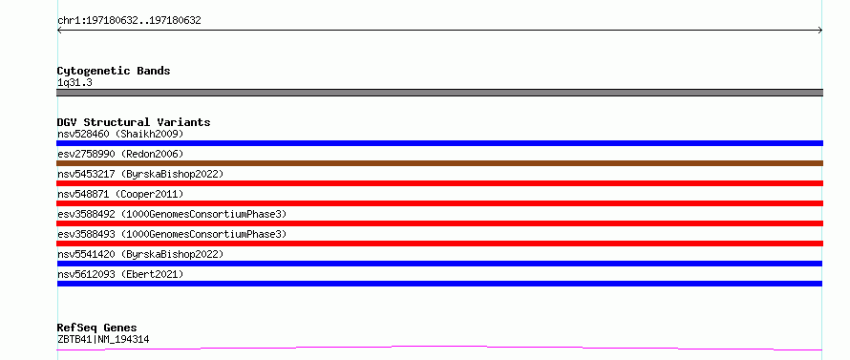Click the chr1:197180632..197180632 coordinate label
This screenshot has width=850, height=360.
pos(129,21)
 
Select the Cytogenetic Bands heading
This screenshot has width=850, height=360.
pos(114,71)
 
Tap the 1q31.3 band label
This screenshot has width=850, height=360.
pos(74,83)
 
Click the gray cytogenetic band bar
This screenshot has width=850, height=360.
pos(439,93)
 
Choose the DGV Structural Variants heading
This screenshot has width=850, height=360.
pos(134,122)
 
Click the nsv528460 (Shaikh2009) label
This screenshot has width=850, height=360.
pos(120,134)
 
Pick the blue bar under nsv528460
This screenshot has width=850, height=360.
pos(439,143)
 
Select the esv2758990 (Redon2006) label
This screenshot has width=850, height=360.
pos(120,154)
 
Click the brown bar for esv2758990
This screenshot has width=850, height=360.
pos(439,163)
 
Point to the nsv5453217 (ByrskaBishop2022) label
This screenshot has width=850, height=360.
pos(140,174)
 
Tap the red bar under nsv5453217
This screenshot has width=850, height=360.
pos(439,183)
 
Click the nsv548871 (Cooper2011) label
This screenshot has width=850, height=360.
pos(120,194)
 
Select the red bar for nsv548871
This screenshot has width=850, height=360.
pos(439,203)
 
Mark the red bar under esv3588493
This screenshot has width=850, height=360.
pos(439,244)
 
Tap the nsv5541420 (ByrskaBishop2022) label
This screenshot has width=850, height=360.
pos(140,254)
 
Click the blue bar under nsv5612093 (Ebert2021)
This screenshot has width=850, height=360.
pos(439,284)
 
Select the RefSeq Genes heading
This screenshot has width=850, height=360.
pos(97,328)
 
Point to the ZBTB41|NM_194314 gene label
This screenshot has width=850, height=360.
pos(103,340)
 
